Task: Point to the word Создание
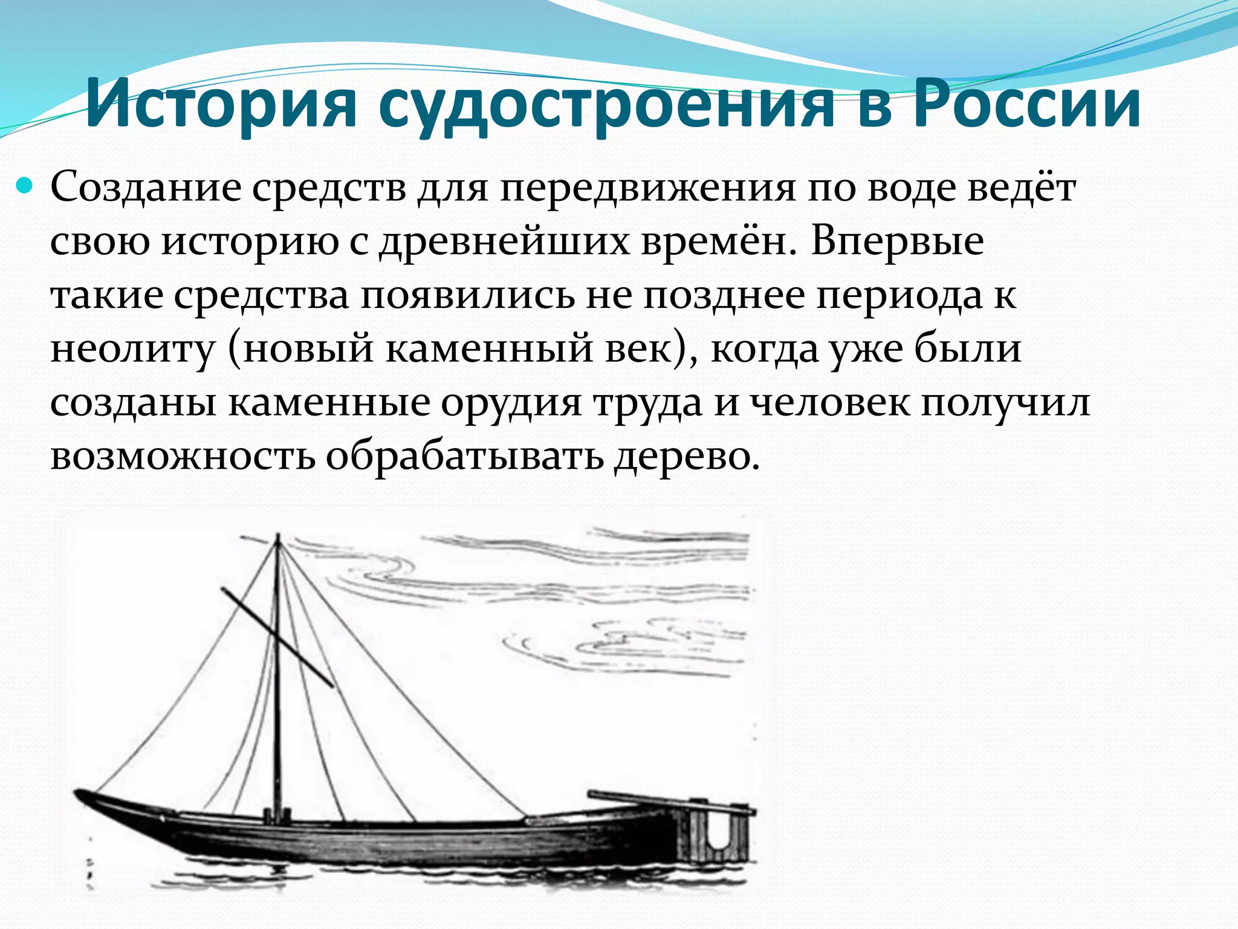[x=145, y=187]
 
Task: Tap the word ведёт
[x=1022, y=187]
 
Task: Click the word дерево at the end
[x=686, y=456]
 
